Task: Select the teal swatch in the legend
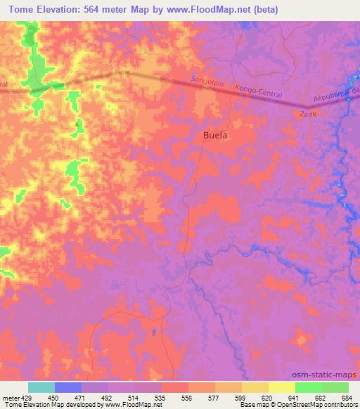coord(41,387)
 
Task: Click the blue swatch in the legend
coord(68,387)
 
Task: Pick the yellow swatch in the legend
coord(255,387)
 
